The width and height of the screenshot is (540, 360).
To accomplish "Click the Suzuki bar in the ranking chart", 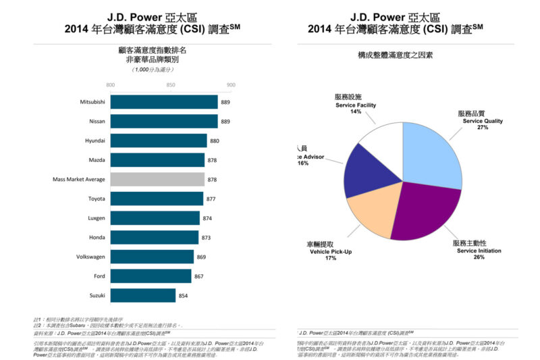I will (142, 295).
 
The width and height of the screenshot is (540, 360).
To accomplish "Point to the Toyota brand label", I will (97, 199).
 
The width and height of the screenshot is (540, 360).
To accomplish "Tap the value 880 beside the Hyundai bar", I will (215, 140).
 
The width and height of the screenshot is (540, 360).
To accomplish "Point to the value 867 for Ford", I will (200, 276).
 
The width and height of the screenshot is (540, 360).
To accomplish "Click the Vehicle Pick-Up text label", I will (330, 251).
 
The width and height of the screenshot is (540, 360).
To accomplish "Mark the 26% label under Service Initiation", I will (479, 257).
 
